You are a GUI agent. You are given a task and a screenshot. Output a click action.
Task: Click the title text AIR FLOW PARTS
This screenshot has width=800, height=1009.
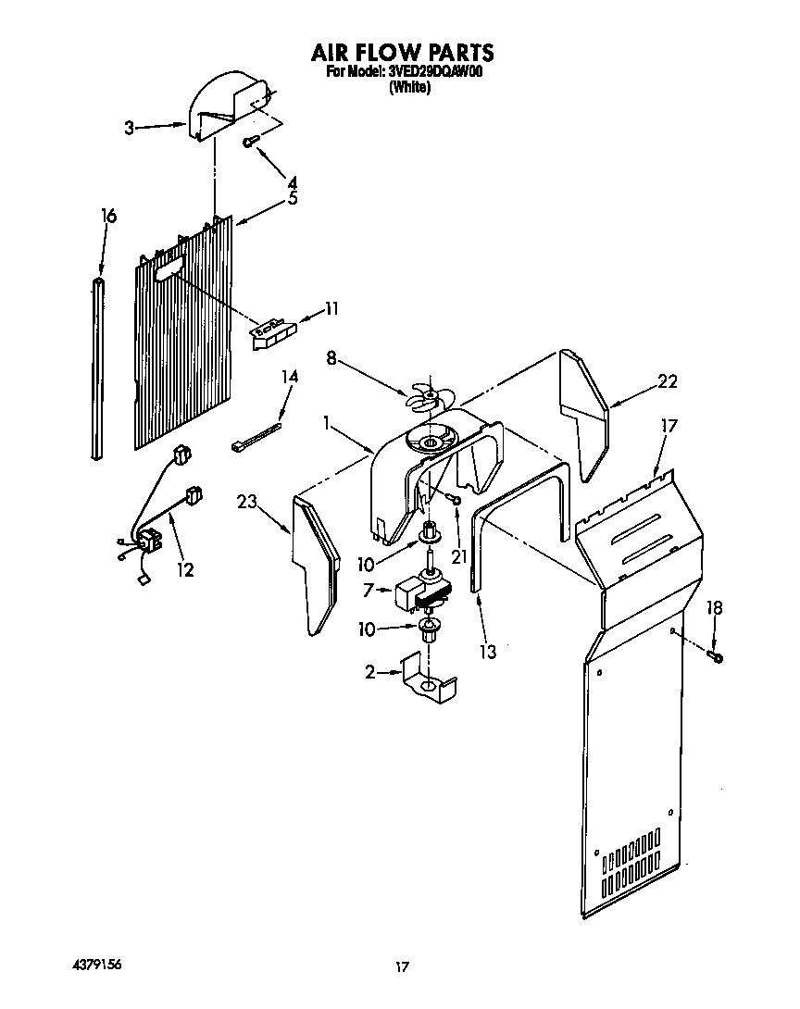tap(401, 53)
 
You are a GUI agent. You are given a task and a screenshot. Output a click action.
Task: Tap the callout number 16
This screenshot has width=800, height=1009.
tap(108, 216)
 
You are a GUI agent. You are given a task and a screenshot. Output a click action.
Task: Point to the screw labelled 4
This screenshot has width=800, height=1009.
tap(249, 142)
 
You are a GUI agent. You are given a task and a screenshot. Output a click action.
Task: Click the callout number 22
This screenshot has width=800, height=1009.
tap(667, 380)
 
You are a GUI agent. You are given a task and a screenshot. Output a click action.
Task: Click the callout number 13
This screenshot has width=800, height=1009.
tap(488, 652)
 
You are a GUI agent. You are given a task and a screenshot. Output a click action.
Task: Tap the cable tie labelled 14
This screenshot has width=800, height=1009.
tap(255, 438)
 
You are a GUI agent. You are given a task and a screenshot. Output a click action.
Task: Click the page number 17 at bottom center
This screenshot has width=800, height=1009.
tap(401, 967)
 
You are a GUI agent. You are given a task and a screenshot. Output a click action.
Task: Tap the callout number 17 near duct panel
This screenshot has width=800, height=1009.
tap(669, 426)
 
